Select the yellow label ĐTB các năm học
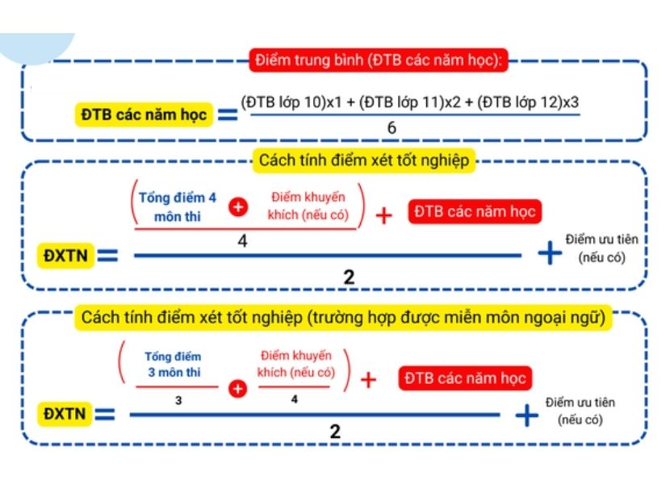click(x=144, y=115)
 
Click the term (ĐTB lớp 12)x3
click(x=529, y=102)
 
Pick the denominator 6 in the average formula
click(x=392, y=128)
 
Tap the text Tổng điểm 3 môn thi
click(x=173, y=364)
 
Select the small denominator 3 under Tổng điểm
click(x=177, y=399)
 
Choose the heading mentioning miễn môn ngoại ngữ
click(x=342, y=317)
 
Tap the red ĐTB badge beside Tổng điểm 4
click(x=475, y=212)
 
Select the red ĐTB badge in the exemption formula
click(x=465, y=378)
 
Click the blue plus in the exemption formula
click(x=527, y=415)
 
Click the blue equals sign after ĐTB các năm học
click(x=228, y=115)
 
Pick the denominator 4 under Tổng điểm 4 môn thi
click(x=242, y=240)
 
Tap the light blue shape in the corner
click(x=40, y=44)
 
